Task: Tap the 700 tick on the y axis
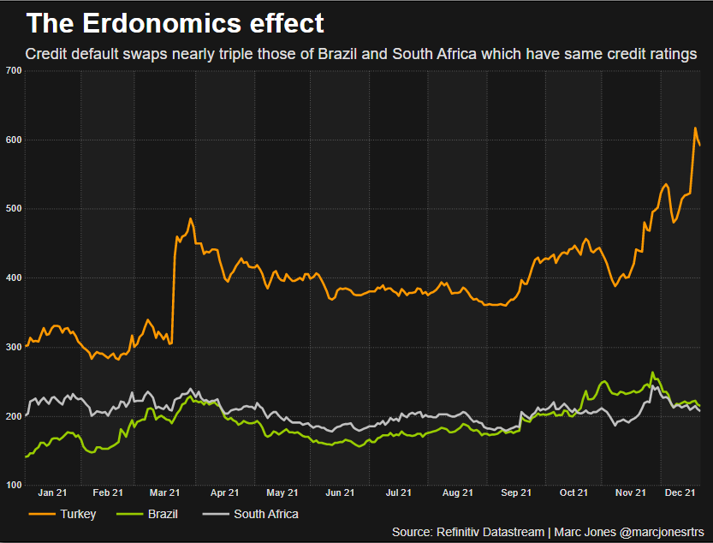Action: (13, 70)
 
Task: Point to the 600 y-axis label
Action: (13, 140)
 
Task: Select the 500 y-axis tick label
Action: (13, 209)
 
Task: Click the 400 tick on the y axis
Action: (13, 278)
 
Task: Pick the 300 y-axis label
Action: (13, 347)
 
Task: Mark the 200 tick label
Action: (13, 416)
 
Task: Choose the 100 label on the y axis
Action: (13, 486)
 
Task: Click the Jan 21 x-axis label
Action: (53, 493)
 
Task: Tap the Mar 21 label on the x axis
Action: (164, 493)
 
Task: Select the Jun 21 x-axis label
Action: (340, 493)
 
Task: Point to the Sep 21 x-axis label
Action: (515, 493)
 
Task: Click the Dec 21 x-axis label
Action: (679, 493)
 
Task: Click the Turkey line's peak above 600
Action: (694, 128)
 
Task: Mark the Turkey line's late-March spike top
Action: (190, 218)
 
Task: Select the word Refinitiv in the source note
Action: (462, 532)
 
